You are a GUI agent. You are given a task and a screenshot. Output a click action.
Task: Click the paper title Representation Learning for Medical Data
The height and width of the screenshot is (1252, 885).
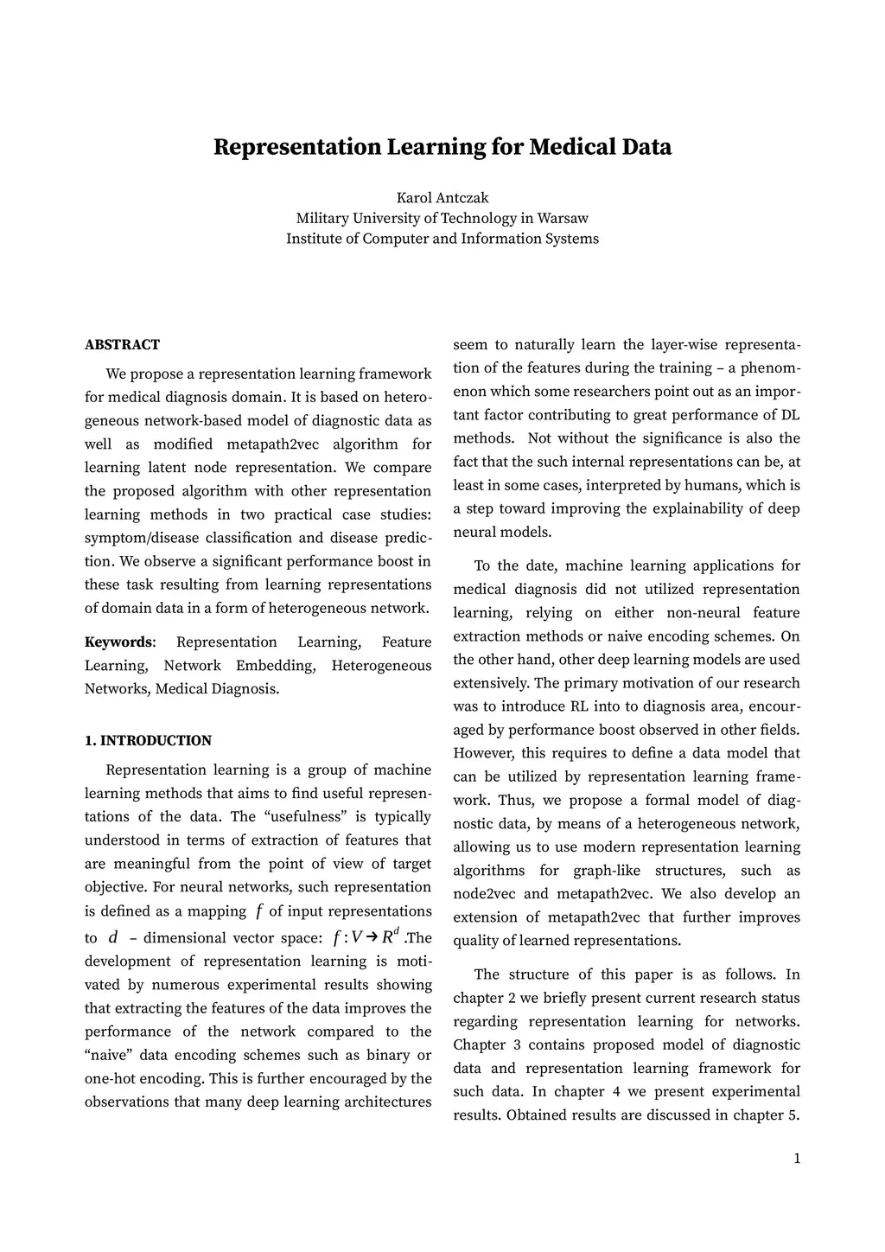coord(442,147)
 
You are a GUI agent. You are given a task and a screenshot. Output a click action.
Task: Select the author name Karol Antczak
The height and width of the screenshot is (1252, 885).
coord(442,197)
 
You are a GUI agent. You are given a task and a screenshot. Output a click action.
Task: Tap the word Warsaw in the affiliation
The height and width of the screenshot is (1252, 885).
coord(563,218)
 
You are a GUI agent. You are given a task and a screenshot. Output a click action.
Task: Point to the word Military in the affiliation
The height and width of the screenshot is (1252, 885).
coord(322,218)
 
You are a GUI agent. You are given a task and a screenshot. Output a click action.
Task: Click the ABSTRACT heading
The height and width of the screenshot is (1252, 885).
coord(122,345)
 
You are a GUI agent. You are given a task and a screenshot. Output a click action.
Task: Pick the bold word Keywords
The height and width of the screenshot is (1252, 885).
coord(118,642)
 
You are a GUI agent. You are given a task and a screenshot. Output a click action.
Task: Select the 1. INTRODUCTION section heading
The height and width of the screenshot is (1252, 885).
coord(148,741)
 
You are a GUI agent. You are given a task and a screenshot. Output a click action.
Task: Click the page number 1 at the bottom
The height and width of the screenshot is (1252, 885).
coord(797,1159)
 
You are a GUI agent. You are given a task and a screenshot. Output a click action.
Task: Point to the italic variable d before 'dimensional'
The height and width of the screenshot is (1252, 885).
coord(113,938)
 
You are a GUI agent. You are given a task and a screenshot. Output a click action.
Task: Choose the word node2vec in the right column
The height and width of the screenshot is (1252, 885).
coord(484,894)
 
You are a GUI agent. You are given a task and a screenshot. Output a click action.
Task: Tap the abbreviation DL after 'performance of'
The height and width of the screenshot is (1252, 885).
coord(790,415)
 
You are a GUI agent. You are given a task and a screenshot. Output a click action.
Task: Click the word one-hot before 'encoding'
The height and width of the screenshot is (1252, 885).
coord(113,1079)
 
